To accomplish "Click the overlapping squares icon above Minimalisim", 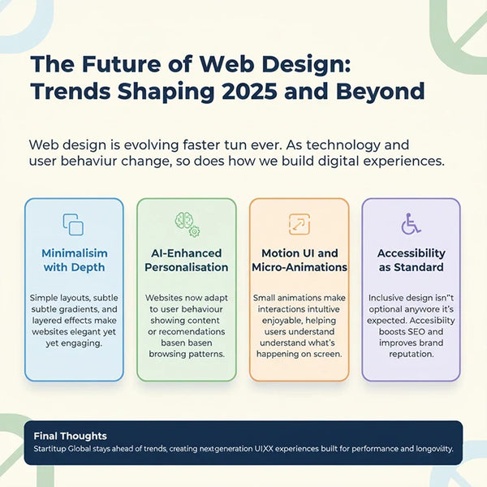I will [x=74, y=224].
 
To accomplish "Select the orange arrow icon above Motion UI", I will [x=299, y=224].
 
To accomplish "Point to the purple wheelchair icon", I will [x=411, y=224].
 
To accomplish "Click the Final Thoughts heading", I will [x=65, y=436].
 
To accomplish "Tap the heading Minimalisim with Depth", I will [x=74, y=260].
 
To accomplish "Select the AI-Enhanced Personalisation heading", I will [x=186, y=260].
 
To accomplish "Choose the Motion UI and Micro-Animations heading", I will [x=299, y=260].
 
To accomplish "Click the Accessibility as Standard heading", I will [x=411, y=260].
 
